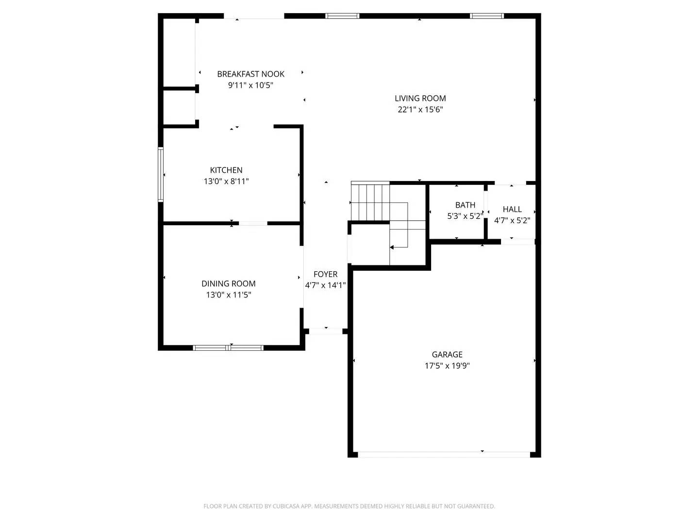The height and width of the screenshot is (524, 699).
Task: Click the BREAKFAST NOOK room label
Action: [x=250, y=74]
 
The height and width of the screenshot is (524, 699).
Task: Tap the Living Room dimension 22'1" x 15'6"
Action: [x=420, y=110]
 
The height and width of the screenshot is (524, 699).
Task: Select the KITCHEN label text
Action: [x=226, y=170]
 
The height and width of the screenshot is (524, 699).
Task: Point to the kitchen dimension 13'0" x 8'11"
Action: [x=226, y=181]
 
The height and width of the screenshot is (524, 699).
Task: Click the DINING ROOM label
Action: [x=228, y=284]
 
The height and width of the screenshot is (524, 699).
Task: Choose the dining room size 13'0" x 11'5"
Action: [x=228, y=295]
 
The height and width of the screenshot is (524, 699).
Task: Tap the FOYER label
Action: [x=325, y=275]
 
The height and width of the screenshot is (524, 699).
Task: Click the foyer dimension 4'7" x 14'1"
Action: [x=325, y=285]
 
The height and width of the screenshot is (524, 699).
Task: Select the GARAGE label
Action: [x=447, y=355]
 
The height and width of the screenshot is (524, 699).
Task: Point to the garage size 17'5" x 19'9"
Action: [x=447, y=366]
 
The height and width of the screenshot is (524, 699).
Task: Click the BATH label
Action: [x=465, y=205]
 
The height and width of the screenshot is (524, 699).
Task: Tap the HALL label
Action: [x=512, y=210]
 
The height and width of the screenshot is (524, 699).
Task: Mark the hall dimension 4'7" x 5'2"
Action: [x=512, y=220]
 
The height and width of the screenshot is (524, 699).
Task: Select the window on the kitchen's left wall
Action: [x=161, y=175]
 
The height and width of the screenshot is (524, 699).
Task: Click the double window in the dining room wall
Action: [x=228, y=347]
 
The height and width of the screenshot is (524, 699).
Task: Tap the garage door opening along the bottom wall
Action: [x=444, y=455]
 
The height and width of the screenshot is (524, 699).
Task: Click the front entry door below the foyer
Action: [x=326, y=331]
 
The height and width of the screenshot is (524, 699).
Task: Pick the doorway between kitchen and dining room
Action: [x=253, y=223]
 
